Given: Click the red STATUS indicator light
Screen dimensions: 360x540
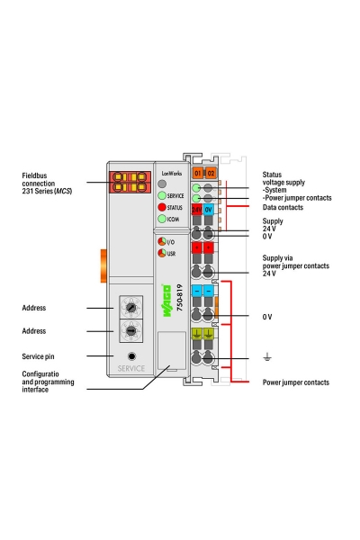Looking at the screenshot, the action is click(162, 207).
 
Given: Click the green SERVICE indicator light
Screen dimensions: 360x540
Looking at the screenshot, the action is click(162, 195).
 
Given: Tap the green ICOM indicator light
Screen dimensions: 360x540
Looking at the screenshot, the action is click(162, 219).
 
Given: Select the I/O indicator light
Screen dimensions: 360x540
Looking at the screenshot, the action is click(162, 241).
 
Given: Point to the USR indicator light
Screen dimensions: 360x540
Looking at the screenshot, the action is click(162, 253).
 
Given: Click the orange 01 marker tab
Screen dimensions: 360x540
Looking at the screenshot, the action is click(198, 173).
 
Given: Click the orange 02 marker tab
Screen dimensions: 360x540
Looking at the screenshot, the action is click(211, 173).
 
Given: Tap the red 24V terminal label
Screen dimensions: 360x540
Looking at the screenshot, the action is click(197, 210).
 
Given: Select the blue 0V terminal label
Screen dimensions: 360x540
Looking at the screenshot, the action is click(209, 210).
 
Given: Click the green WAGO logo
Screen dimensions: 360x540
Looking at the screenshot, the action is click(166, 301).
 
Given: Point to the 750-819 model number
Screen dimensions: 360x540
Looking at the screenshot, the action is click(179, 298).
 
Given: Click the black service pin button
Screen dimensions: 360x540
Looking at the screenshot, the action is click(131, 356).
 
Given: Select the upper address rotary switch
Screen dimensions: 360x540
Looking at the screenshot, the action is click(131, 307).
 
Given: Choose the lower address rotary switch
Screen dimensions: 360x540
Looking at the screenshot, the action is click(131, 330).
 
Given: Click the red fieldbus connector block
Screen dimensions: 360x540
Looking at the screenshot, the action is click(130, 182).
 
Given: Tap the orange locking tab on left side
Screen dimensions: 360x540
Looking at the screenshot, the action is click(103, 265).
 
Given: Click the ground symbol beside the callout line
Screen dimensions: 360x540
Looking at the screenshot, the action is click(267, 356).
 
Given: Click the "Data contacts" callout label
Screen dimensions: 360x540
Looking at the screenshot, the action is click(283, 207).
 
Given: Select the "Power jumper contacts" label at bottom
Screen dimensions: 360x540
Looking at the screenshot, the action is click(296, 382).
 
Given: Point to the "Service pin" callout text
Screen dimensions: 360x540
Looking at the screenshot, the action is click(38, 356).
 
